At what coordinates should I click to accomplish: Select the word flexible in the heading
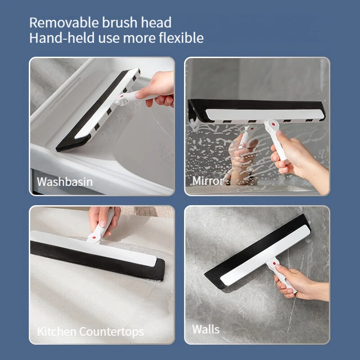(x=180, y=38)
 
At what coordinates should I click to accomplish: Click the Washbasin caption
(x=65, y=182)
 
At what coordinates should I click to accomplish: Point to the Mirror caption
(x=208, y=181)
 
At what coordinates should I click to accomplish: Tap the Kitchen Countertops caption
(x=90, y=332)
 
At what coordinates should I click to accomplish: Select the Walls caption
(x=206, y=329)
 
